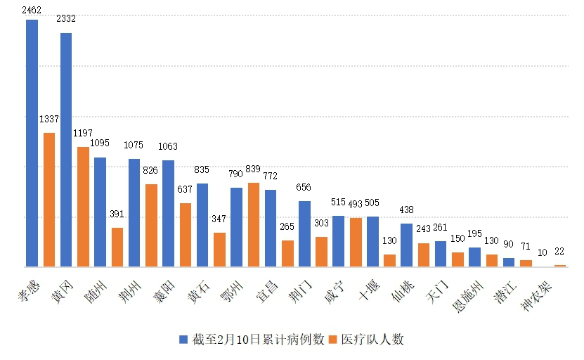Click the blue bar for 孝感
[32, 143]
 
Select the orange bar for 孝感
[49, 200]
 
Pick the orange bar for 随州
[117, 247]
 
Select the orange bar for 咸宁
[356, 242]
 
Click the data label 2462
[32, 10]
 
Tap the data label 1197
[83, 133]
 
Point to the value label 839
[254, 170]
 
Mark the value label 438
[406, 210]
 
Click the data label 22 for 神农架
[560, 252]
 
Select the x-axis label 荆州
[131, 288]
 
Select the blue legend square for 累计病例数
[184, 340]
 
